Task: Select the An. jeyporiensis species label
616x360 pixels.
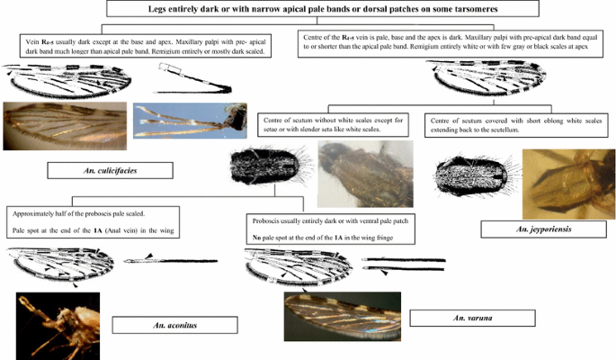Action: click(527, 229)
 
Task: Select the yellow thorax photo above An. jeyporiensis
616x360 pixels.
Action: click(568, 184)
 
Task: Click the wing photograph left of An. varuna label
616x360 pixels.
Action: click(341, 317)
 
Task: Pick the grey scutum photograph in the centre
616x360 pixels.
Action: click(365, 174)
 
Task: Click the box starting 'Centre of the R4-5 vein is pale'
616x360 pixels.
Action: click(454, 48)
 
